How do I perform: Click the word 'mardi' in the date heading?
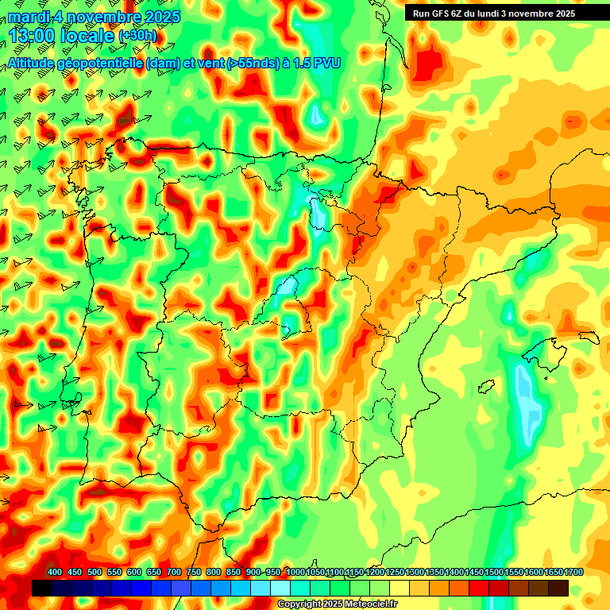(28, 17)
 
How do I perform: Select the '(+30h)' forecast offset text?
(137, 37)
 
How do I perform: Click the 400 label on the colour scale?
(55, 573)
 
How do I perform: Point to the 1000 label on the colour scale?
(295, 573)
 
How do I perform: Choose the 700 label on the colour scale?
(174, 573)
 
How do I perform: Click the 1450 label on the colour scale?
(475, 573)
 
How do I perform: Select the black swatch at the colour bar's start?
(42, 588)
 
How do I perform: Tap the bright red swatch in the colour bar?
(478, 588)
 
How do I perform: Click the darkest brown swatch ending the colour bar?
(558, 588)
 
